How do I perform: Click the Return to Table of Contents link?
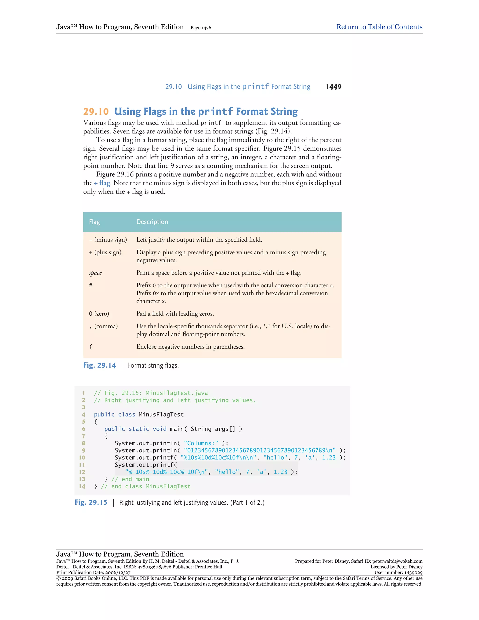[x=379, y=27]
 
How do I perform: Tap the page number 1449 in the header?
[x=334, y=87]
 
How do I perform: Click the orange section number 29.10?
[x=96, y=112]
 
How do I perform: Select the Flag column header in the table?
[x=94, y=222]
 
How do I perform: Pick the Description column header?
[x=152, y=222]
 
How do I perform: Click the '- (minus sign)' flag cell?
[x=108, y=240]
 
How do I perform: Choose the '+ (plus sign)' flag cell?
[x=105, y=252]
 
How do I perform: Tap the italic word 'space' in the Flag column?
[x=95, y=273]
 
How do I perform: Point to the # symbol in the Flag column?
[x=91, y=285]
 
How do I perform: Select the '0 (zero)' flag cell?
[x=99, y=314]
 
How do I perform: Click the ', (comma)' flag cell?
[x=103, y=326]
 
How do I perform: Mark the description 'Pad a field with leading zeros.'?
[x=175, y=314]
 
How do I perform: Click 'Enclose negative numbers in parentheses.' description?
[x=190, y=347]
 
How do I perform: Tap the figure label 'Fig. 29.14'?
[x=100, y=365]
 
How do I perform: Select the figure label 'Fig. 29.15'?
[x=91, y=503]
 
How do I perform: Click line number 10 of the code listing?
[x=82, y=458]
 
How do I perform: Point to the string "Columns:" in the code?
[x=201, y=443]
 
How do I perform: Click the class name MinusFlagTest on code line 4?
[x=161, y=415]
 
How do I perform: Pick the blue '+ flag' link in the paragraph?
[x=102, y=183]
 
